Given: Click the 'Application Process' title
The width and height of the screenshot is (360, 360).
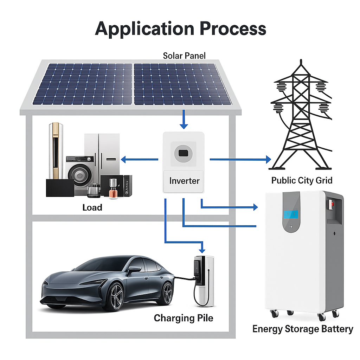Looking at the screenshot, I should click(x=180, y=28).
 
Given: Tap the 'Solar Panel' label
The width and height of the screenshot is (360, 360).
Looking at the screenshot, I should click(x=184, y=56).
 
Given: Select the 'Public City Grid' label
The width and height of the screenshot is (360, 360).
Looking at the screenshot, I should click(x=302, y=180).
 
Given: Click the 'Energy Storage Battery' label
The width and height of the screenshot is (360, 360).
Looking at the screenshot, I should click(x=302, y=329).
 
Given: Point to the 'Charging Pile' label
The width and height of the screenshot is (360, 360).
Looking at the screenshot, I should click(x=183, y=318).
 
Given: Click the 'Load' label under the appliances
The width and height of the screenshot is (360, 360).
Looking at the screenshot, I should click(x=92, y=207).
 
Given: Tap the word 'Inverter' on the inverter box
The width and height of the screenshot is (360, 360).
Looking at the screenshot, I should click(x=184, y=181).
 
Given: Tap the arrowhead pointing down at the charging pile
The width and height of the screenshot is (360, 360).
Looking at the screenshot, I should click(x=202, y=250).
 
